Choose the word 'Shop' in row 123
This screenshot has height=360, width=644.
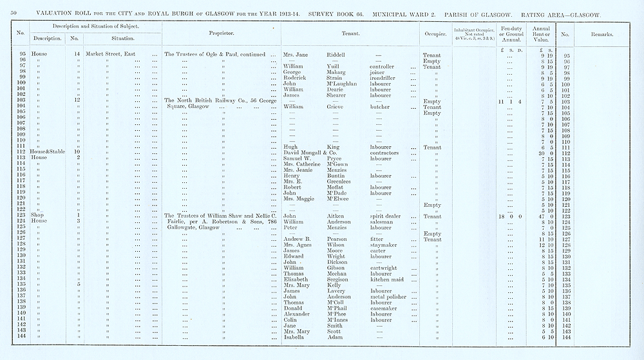[x=38, y=216]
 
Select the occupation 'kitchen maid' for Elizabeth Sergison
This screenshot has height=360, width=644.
[x=389, y=279]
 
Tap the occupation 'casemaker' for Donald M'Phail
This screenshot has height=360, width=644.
[x=386, y=308]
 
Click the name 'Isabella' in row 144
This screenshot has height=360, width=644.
[x=296, y=337]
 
